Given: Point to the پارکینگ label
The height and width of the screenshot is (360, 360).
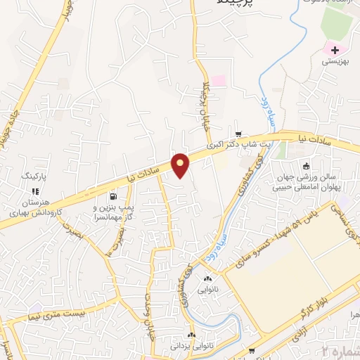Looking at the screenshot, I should (x=33, y=176).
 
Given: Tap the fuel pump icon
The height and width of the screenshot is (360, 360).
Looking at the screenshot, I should (x=112, y=197).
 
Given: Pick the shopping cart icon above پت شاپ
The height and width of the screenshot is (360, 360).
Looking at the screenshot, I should (x=238, y=135).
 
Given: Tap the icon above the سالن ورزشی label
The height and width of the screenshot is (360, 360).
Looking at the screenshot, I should (x=306, y=167).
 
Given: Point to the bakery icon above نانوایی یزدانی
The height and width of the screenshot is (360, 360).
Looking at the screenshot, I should (x=191, y=335).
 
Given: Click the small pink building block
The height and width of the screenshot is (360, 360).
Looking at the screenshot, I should (x=219, y=81).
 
